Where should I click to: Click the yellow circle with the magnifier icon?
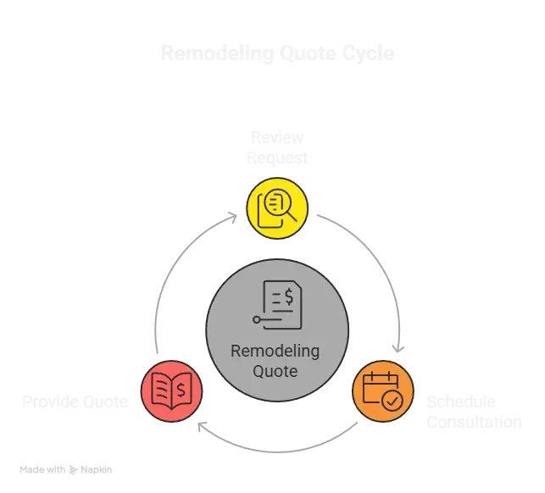pyautogui.click(x=276, y=206)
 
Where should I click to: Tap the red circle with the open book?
pyautogui.click(x=173, y=390)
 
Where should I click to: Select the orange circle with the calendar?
pyautogui.click(x=383, y=391)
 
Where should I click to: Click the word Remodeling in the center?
pyautogui.click(x=276, y=352)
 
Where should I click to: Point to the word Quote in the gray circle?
pyautogui.click(x=276, y=371)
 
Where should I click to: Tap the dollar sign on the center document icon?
pyautogui.click(x=289, y=296)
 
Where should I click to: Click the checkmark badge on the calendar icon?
pyautogui.click(x=392, y=401)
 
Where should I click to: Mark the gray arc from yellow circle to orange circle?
pyautogui.click(x=373, y=263)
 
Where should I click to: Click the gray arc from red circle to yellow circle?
pyautogui.click(x=174, y=271)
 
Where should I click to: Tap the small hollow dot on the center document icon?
pyautogui.click(x=256, y=319)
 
